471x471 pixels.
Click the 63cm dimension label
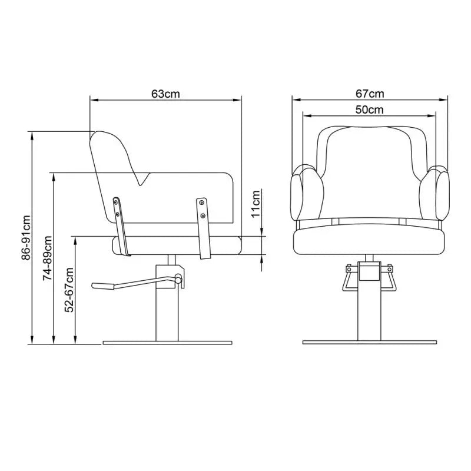(x=165, y=94)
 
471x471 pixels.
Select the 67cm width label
(x=369, y=94)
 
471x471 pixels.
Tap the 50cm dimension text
(x=369, y=110)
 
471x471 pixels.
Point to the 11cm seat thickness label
(x=256, y=204)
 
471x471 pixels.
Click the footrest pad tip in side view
(x=101, y=286)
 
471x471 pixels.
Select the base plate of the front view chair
(x=369, y=342)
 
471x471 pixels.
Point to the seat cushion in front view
(x=369, y=241)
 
